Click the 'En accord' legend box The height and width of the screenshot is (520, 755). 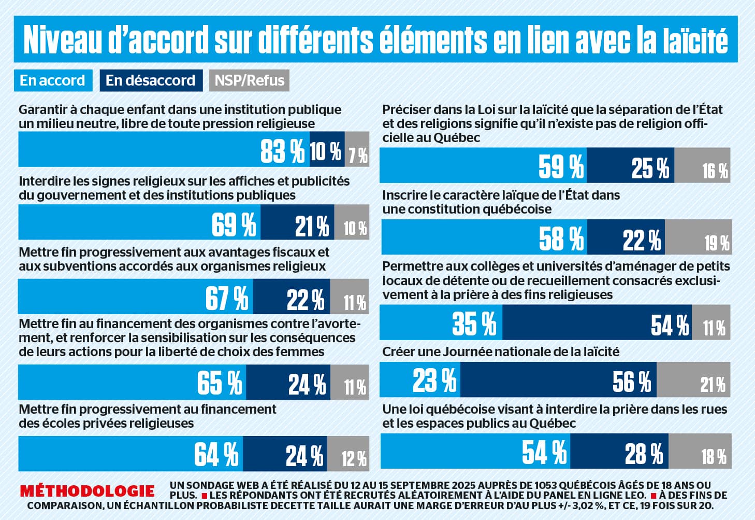[x=53, y=80]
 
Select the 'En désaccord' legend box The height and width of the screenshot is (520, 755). [x=151, y=80]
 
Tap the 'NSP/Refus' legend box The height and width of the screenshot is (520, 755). [x=249, y=80]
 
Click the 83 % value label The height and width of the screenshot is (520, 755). [x=282, y=151]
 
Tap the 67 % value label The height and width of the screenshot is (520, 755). [x=226, y=298]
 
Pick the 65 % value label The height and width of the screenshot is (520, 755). [x=219, y=383]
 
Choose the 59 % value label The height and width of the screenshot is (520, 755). [x=560, y=166]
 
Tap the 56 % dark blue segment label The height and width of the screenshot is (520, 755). [x=631, y=382]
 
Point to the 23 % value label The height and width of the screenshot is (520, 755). [x=434, y=380]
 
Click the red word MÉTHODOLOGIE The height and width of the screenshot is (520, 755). [x=88, y=490]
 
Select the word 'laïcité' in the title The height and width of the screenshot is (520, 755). [x=694, y=40]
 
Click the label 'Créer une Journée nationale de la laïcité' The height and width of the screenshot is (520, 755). [x=500, y=352]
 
